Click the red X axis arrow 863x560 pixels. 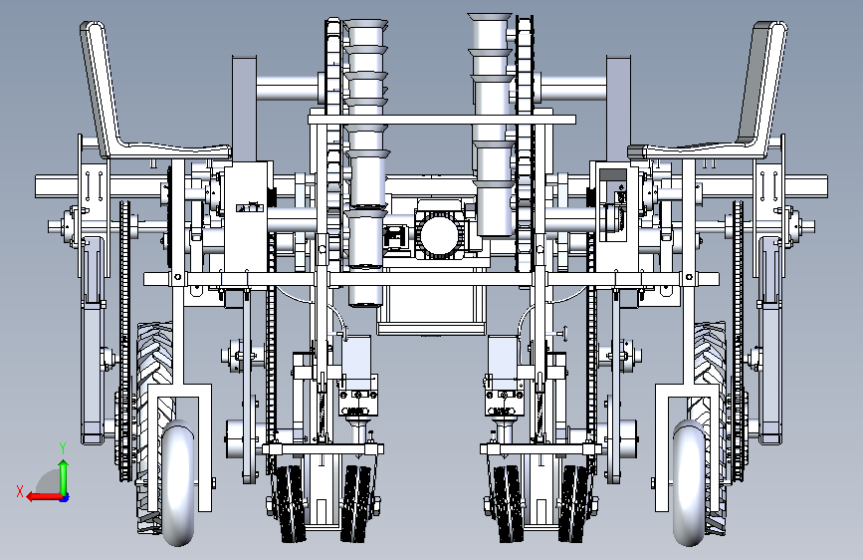pos(44,497)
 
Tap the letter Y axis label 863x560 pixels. pos(63,447)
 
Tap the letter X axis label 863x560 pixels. pos(20,491)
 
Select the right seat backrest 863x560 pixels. pos(762,83)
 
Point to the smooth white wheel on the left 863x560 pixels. pos(178,483)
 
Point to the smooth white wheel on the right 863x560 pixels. pos(689,483)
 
